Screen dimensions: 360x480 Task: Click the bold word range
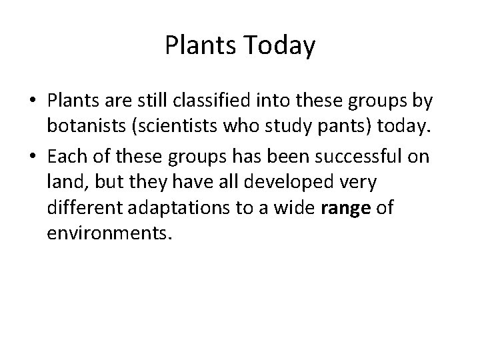(x=345, y=208)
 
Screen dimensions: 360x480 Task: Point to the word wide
(x=295, y=207)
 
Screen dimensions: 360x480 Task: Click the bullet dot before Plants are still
(x=33, y=101)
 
